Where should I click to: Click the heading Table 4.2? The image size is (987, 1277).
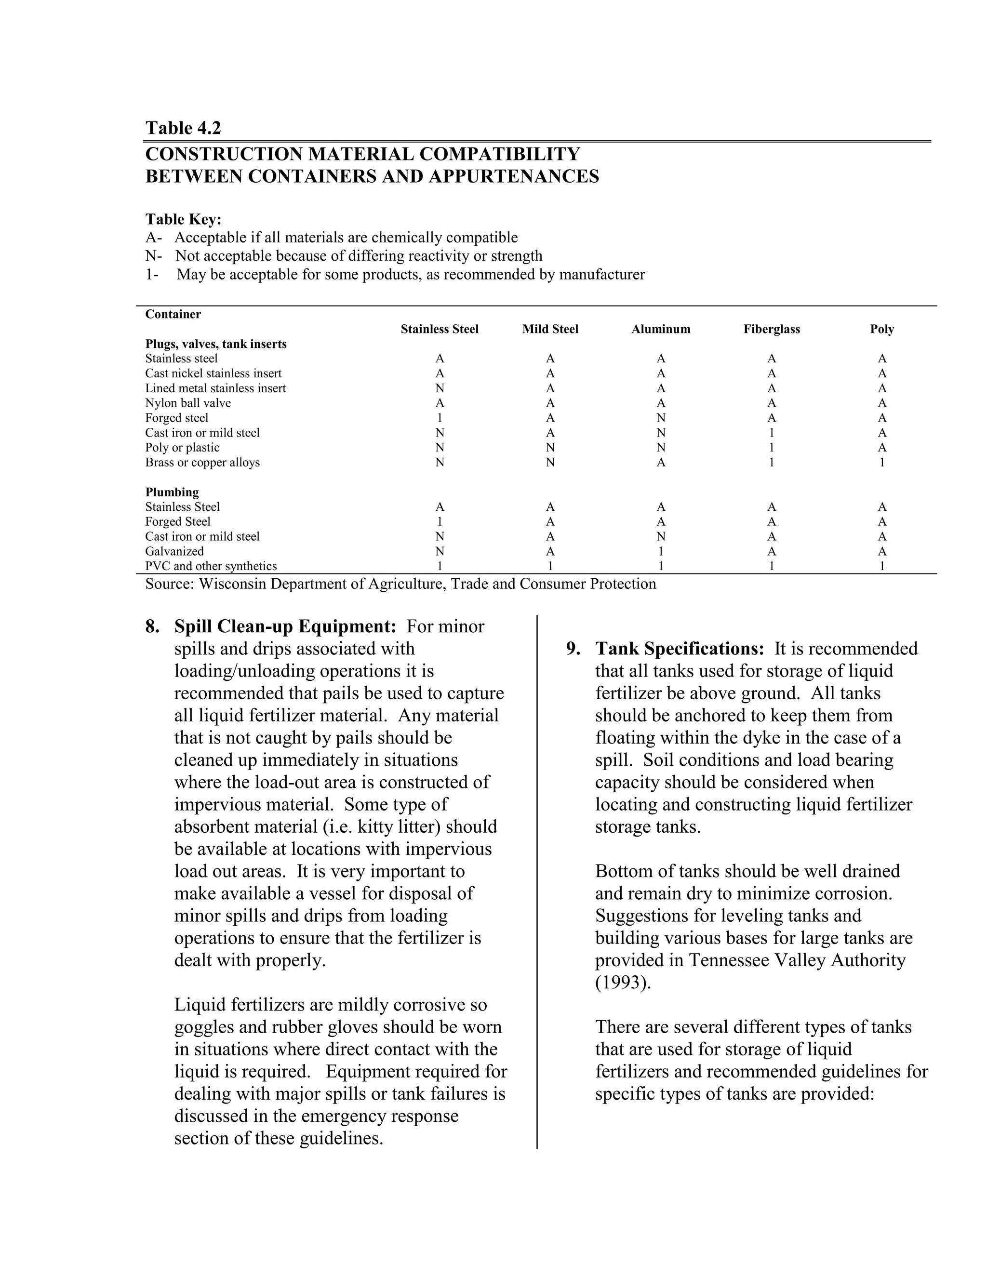(183, 128)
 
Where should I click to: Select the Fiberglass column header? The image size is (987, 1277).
(771, 329)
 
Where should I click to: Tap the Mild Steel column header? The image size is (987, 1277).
(550, 329)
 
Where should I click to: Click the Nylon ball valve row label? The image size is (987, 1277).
(187, 403)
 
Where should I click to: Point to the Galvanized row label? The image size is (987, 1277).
(174, 551)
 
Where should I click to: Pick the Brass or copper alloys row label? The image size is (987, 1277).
(202, 462)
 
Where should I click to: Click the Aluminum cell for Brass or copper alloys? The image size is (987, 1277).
(661, 462)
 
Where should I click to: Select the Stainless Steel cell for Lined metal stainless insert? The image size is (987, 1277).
(440, 388)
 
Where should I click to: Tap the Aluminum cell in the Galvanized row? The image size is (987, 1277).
(661, 551)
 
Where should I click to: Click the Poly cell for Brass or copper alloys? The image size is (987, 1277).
(882, 462)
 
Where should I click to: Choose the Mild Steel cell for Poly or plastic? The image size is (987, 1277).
(550, 447)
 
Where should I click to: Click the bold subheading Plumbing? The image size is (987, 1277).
(172, 492)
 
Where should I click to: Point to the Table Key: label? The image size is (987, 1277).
(184, 219)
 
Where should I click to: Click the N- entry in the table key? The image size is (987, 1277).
(153, 256)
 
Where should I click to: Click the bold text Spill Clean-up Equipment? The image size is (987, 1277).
(285, 626)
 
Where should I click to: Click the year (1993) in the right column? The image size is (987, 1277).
(623, 982)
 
